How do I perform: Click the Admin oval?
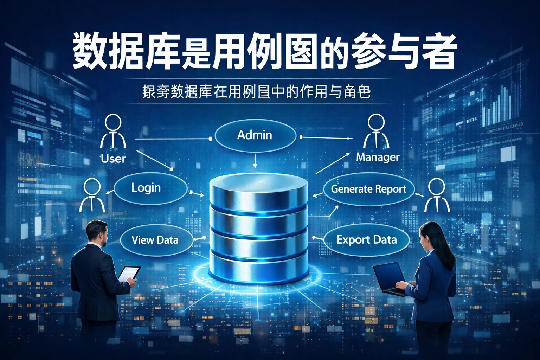coord(255,135)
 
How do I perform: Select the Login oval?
coord(150,188)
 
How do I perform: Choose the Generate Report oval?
coord(368,189)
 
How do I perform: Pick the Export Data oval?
coord(366,240)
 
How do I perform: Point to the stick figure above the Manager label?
coord(376,131)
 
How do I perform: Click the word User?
coord(113,159)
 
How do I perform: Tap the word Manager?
coord(378,157)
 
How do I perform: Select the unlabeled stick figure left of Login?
coord(92,195)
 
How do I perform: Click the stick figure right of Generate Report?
coord(437,195)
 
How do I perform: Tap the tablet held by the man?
coord(129,273)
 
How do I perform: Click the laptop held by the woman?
coord(390,278)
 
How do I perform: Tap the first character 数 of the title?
coord(90,52)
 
